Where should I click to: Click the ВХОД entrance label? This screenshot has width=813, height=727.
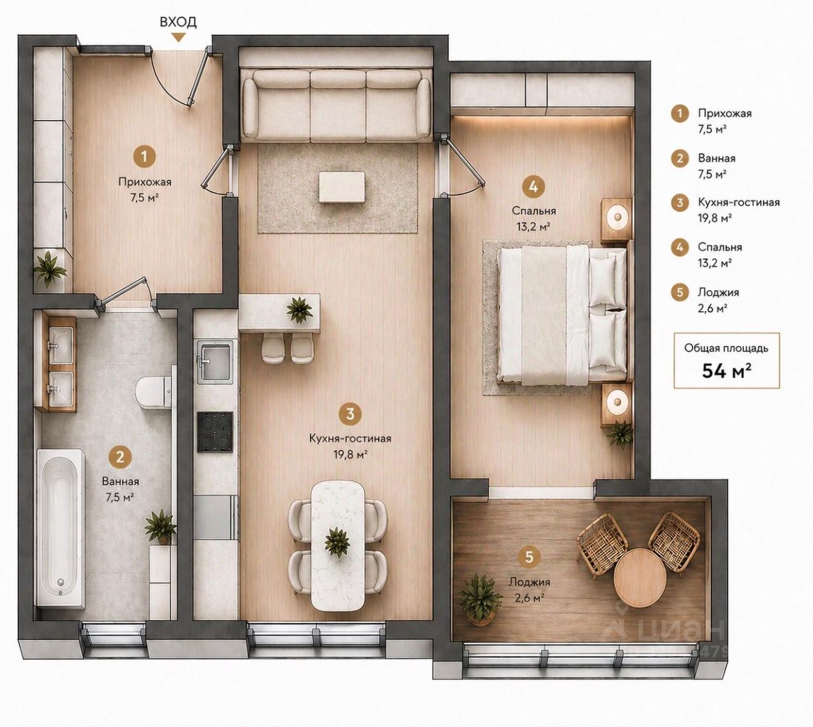pyautogui.click(x=178, y=22)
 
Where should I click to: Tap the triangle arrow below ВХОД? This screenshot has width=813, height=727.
pyautogui.click(x=178, y=37)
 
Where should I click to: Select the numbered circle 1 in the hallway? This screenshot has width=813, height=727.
pyautogui.click(x=145, y=156)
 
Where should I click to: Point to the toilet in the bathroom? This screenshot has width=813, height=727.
pyautogui.click(x=152, y=393)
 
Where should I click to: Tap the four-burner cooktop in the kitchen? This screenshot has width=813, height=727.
pyautogui.click(x=215, y=431)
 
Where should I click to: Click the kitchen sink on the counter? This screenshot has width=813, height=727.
pyautogui.click(x=215, y=362)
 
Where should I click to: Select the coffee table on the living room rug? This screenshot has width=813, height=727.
pyautogui.click(x=342, y=187)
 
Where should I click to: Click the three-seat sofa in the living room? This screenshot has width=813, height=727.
pyautogui.click(x=337, y=105)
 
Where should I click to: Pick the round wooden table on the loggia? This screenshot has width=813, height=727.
pyautogui.click(x=640, y=576)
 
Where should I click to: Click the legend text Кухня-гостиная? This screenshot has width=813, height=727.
pyautogui.click(x=739, y=202)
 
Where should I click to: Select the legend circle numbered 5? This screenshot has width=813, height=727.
pyautogui.click(x=680, y=292)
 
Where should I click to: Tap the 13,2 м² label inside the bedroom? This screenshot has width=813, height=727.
pyautogui.click(x=533, y=227)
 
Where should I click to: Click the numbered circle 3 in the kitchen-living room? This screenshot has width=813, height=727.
pyautogui.click(x=350, y=414)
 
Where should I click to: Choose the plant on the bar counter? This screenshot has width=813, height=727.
pyautogui.click(x=299, y=310)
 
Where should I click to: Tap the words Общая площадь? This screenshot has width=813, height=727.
pyautogui.click(x=727, y=348)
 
